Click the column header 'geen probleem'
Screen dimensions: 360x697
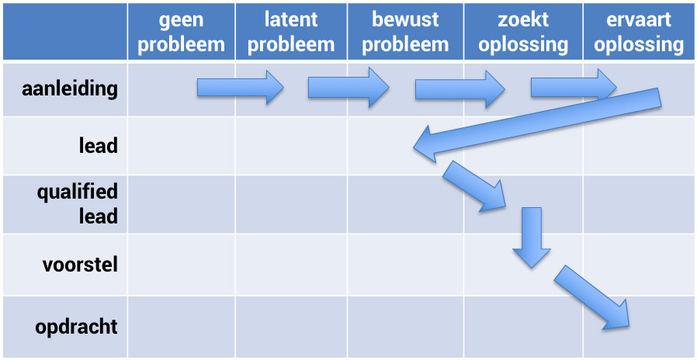pos(181,32)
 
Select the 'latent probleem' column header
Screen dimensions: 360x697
pos(291,32)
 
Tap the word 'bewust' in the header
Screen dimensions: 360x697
pos(405,19)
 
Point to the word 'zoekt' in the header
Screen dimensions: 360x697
pos(523,19)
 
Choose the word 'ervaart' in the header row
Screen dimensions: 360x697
pos(639,19)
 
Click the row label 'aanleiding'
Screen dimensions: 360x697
pos(70,88)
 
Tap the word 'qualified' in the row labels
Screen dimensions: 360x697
pos(78,192)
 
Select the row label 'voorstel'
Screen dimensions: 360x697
pos(80,265)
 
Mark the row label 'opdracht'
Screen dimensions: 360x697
pos(76,327)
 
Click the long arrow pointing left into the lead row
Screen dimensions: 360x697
pos(536,120)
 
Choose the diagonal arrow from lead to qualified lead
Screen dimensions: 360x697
pos(474,186)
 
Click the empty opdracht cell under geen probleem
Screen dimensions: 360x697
pos(181,327)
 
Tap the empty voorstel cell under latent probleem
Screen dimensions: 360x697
pos(291,265)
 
